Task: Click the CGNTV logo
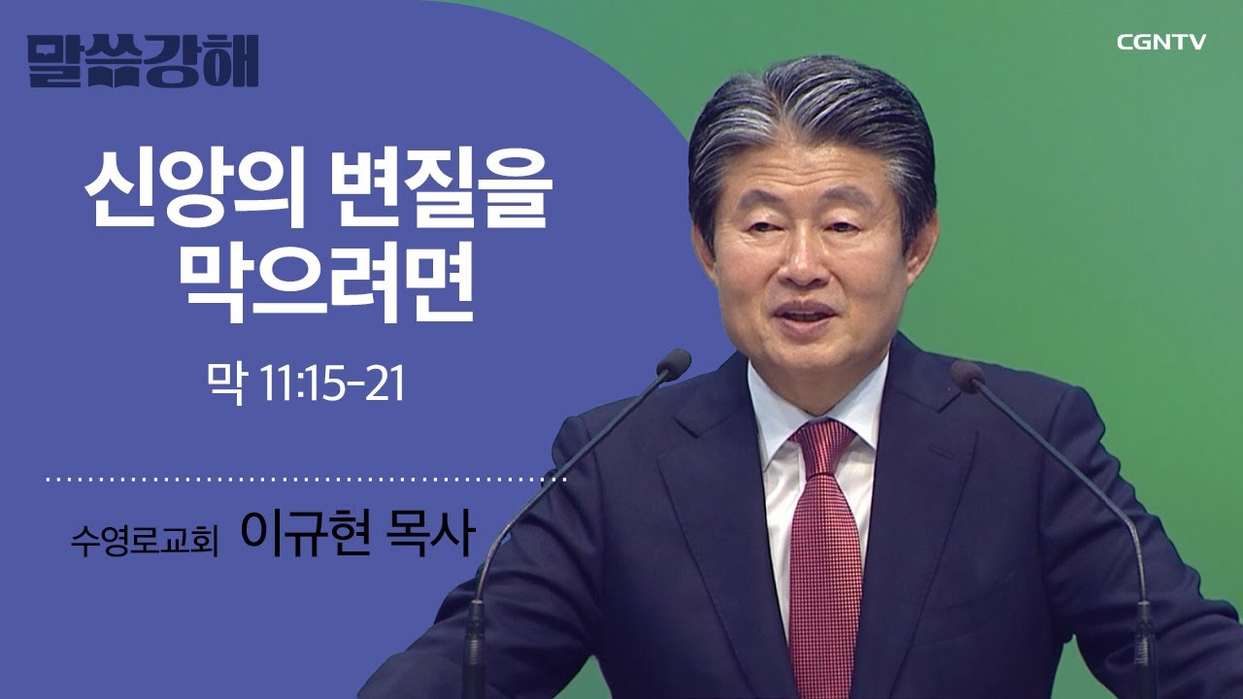pos(1160,42)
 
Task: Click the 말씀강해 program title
pos(144,61)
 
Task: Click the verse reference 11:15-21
pos(331,385)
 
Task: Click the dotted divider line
pos(306,480)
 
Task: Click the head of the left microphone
pos(672,364)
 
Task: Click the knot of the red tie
pos(823,443)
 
